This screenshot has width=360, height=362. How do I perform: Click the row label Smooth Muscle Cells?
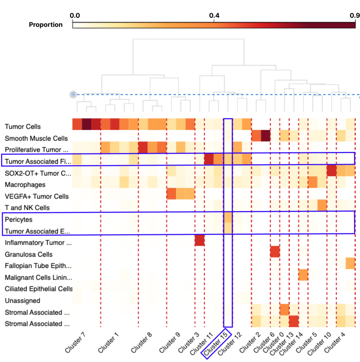(36, 138)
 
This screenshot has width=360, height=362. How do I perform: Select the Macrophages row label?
(25, 185)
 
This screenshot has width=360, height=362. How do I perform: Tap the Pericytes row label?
(18, 219)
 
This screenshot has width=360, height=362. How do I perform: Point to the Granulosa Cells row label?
(29, 255)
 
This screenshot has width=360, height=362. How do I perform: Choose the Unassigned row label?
(22, 300)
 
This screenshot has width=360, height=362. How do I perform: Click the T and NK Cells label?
(27, 208)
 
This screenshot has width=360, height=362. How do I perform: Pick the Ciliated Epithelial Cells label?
(39, 289)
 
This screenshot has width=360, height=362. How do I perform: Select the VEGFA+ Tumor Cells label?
(37, 196)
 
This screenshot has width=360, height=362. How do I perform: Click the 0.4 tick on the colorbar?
(214, 21)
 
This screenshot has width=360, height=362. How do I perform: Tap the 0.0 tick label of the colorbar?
(75, 16)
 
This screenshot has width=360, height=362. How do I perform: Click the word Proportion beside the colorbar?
(46, 25)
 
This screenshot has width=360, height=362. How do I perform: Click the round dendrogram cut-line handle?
(73, 94)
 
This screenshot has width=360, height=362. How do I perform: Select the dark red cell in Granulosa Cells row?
(275, 252)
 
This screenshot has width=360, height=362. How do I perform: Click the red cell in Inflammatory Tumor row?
(200, 240)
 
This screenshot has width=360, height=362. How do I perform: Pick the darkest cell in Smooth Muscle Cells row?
(266, 135)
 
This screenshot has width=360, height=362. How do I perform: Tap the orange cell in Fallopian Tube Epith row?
(350, 263)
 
